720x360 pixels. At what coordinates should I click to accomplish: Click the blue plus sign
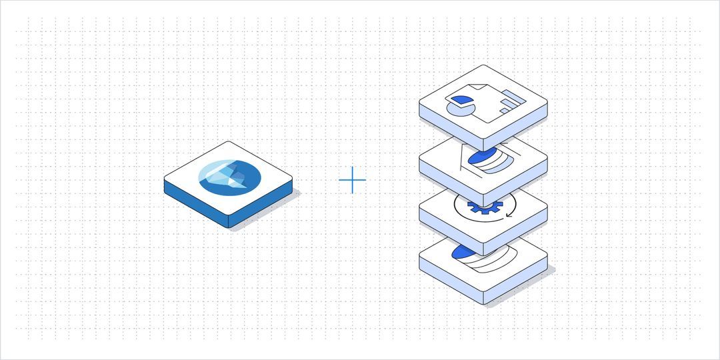[x=352, y=181]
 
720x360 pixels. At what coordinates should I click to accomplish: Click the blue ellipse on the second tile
[x=481, y=157]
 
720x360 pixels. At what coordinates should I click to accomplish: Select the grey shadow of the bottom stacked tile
[x=527, y=287]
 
